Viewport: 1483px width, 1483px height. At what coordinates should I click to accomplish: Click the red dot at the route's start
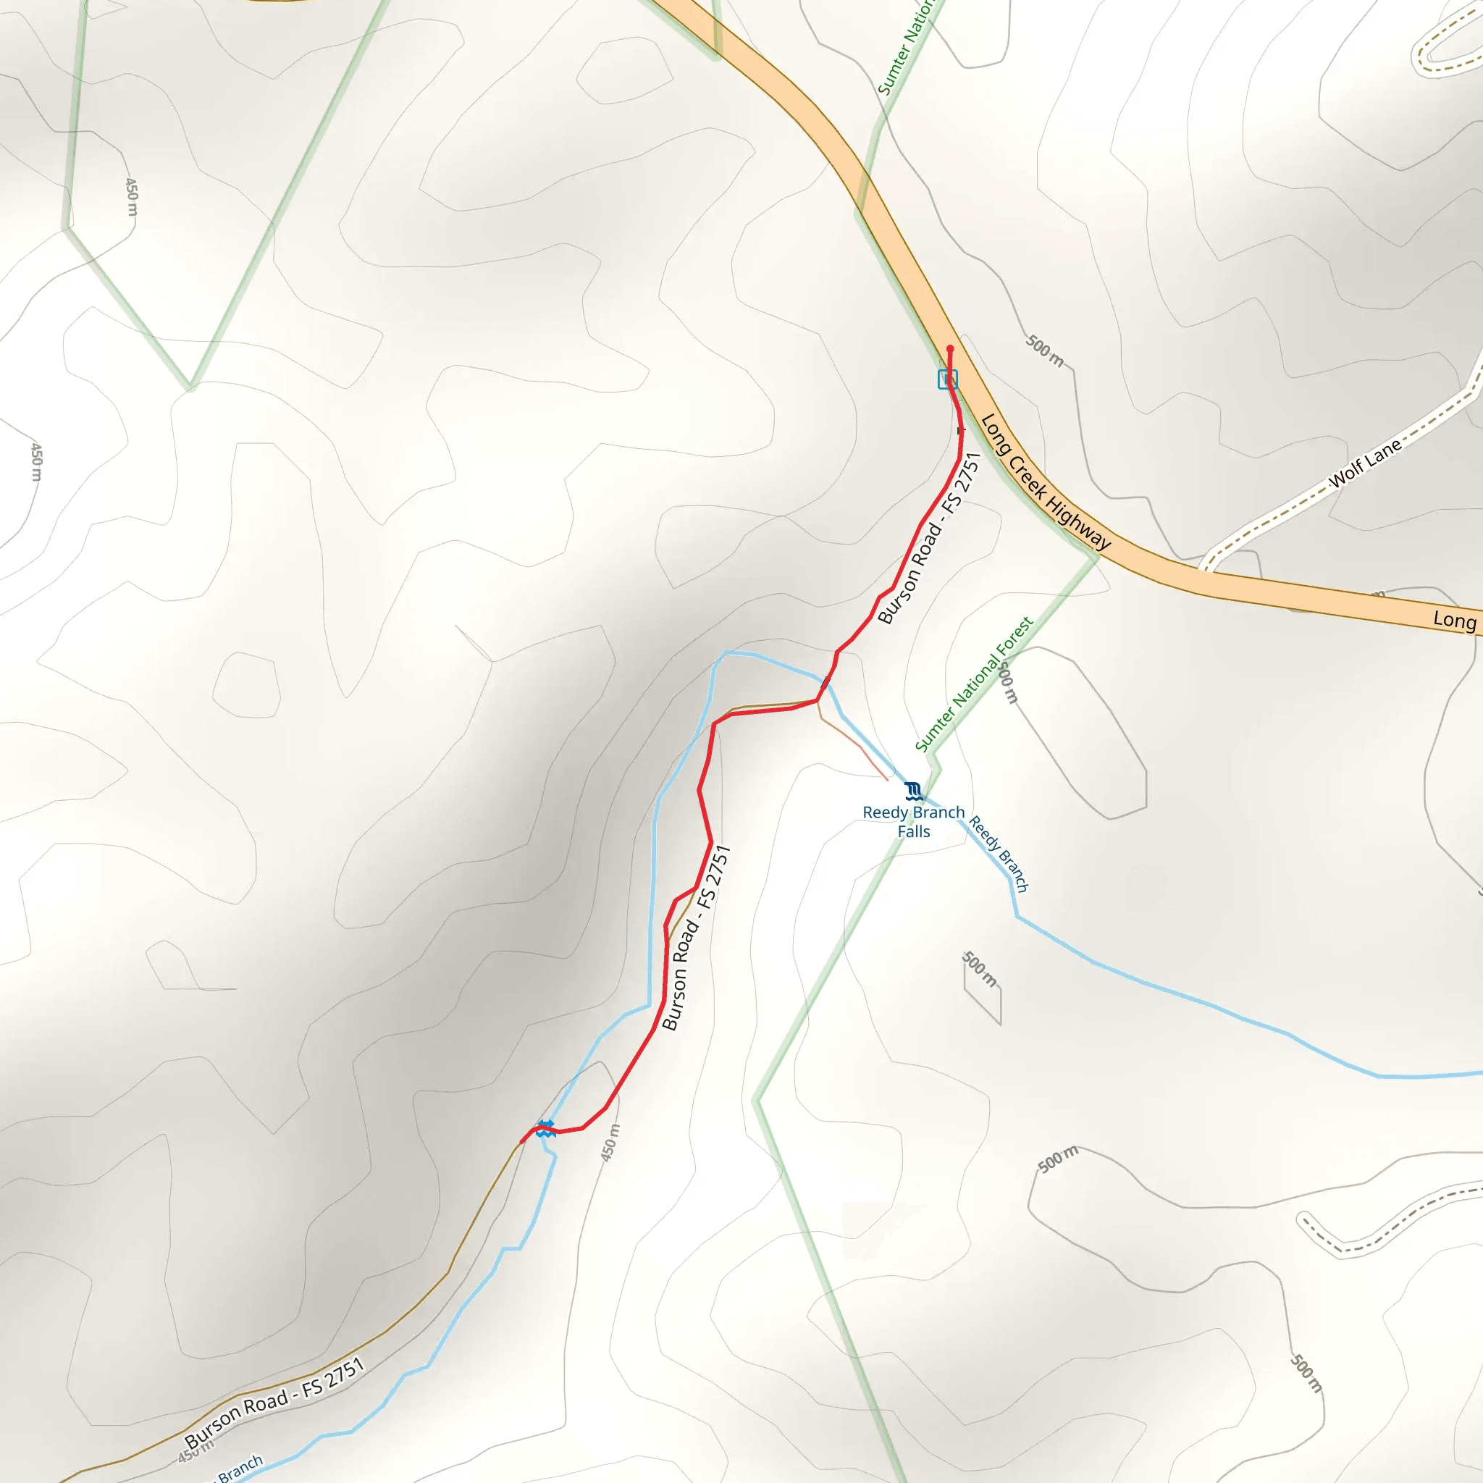(949, 348)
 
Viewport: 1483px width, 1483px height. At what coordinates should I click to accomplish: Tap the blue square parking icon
(947, 379)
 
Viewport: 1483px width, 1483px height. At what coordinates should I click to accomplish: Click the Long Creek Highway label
(1045, 482)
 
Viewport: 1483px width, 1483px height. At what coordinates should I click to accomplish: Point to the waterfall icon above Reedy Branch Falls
(912, 791)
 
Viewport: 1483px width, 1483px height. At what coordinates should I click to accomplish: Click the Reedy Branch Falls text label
(913, 821)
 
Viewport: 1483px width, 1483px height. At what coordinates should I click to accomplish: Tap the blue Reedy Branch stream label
(998, 854)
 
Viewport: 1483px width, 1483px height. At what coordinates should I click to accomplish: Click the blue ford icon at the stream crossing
(545, 1127)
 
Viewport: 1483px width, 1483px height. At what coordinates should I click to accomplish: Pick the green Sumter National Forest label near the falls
(973, 684)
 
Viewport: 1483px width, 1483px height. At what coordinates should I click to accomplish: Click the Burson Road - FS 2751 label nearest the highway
(930, 538)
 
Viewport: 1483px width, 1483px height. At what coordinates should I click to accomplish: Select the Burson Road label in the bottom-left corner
(274, 1404)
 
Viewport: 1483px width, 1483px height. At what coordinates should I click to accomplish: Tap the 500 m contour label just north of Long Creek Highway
(1045, 350)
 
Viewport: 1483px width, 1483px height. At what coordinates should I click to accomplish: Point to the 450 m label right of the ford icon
(610, 1143)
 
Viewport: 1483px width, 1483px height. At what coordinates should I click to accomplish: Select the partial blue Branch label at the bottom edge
(240, 1469)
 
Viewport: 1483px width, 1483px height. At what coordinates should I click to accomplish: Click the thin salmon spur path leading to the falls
(856, 744)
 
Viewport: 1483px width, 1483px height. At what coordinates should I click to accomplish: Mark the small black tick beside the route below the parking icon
(959, 431)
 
